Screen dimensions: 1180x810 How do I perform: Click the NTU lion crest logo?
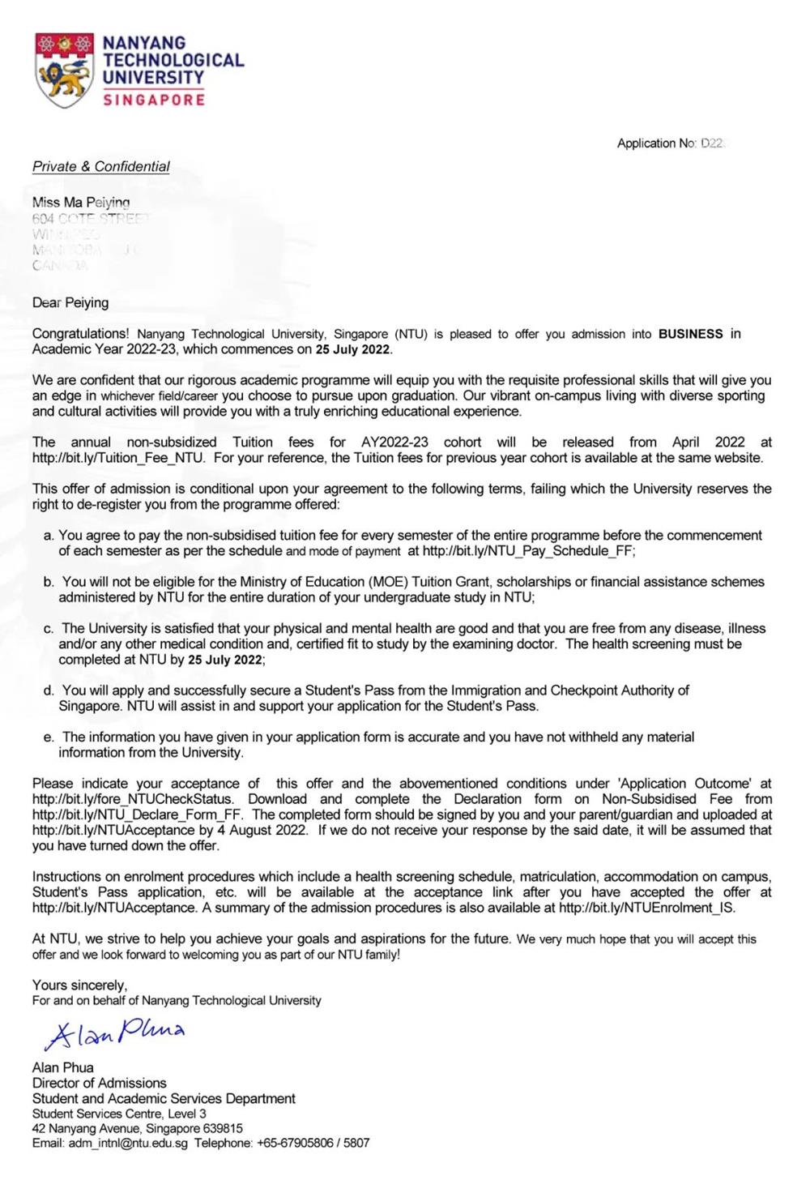click(64, 71)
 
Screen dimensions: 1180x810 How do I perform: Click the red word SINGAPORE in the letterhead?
click(154, 100)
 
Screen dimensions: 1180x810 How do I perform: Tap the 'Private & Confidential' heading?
click(101, 167)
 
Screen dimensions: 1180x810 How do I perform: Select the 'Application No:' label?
click(656, 143)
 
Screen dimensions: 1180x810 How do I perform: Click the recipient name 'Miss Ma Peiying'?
click(81, 203)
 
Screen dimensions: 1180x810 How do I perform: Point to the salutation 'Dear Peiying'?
click(70, 303)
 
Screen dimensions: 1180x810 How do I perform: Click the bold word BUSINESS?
click(690, 334)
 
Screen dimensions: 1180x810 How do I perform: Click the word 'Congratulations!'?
click(80, 334)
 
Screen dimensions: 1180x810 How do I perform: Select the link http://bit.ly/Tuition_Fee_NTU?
click(118, 458)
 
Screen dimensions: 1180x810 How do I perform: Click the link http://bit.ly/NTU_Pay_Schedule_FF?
click(528, 551)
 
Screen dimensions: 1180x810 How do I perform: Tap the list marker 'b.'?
click(49, 582)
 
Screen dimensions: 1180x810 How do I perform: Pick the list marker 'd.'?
click(49, 690)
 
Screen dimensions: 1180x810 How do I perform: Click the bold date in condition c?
click(226, 660)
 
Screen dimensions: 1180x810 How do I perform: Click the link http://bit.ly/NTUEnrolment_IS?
click(646, 908)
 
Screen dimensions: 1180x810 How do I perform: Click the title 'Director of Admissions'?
click(100, 1084)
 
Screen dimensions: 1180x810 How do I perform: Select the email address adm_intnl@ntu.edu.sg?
click(129, 1144)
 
